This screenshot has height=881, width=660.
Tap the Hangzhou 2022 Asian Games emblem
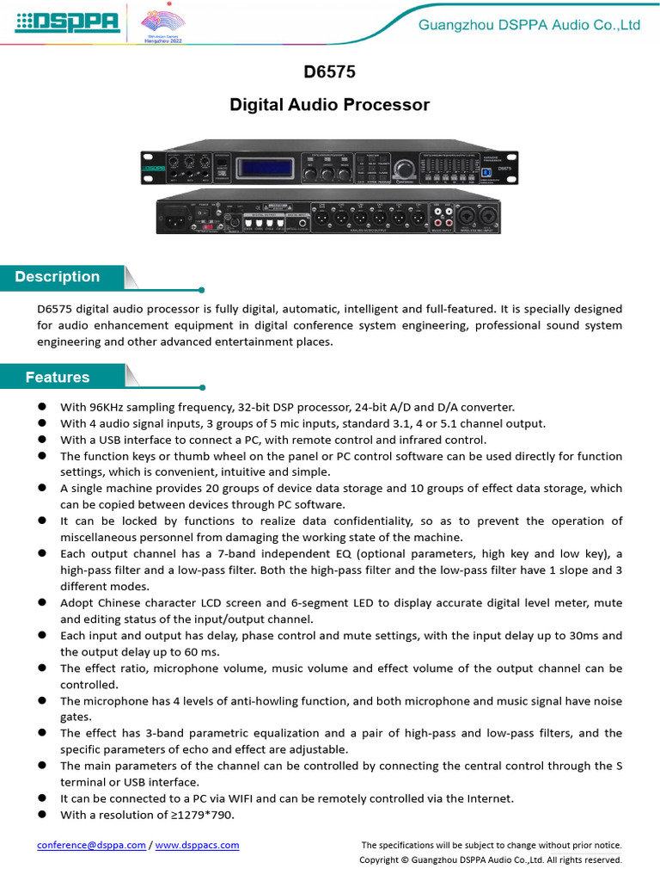click(x=162, y=23)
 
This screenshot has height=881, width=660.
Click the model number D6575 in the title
click(x=329, y=75)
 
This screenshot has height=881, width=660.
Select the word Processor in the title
click(x=386, y=105)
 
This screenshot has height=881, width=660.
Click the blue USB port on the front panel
click(x=486, y=172)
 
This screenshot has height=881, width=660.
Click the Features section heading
click(x=58, y=377)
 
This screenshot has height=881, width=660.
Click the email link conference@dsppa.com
click(x=91, y=845)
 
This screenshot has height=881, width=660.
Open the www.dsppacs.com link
click(x=198, y=845)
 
